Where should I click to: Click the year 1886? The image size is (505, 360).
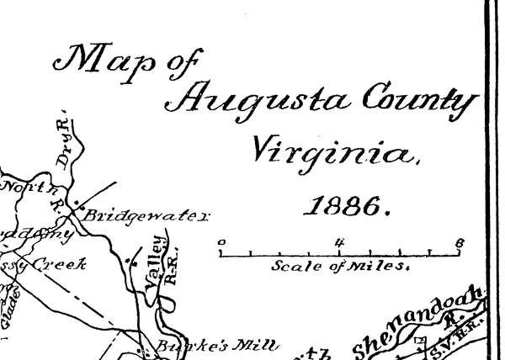tap(346, 204)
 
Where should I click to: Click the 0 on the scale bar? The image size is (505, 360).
tap(221, 241)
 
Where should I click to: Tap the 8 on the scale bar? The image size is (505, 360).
tap(459, 242)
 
